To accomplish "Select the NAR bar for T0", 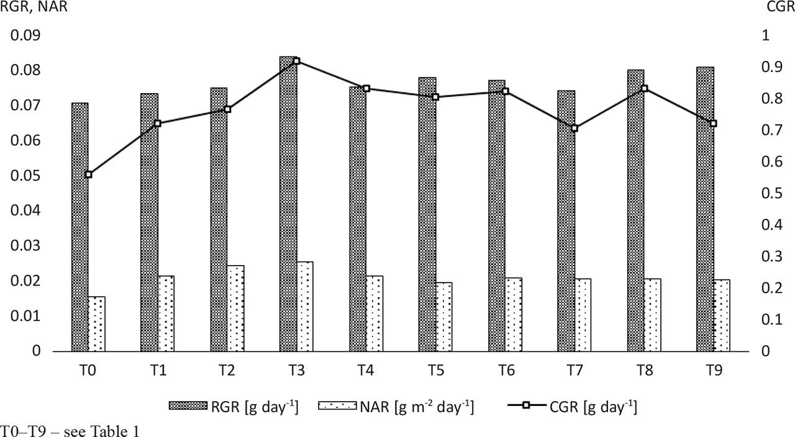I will tap(96, 324).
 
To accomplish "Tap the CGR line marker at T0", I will tap(89, 174).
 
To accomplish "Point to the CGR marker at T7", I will tap(575, 128).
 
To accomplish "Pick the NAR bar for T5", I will tap(443, 317).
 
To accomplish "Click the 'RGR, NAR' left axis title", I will tap(34, 8).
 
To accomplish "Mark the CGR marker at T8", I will tap(644, 89).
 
